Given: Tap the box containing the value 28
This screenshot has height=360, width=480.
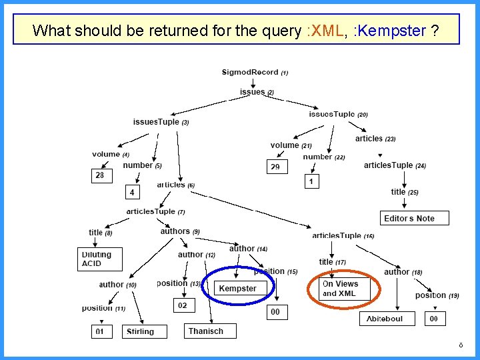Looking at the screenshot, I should (100, 175).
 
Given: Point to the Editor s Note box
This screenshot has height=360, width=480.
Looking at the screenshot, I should (409, 218).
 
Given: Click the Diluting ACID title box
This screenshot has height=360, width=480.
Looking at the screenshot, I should (100, 259).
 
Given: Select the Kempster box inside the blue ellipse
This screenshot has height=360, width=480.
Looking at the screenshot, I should (237, 289).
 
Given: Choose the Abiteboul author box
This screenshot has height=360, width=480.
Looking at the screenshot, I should (386, 319).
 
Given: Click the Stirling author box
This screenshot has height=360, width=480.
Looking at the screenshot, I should (140, 331).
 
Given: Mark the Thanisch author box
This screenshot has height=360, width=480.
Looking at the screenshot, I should (210, 331).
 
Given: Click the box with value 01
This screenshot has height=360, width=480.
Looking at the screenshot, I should (100, 331).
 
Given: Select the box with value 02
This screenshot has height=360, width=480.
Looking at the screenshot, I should (183, 305).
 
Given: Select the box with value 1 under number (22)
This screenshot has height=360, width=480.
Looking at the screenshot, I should (311, 181).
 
